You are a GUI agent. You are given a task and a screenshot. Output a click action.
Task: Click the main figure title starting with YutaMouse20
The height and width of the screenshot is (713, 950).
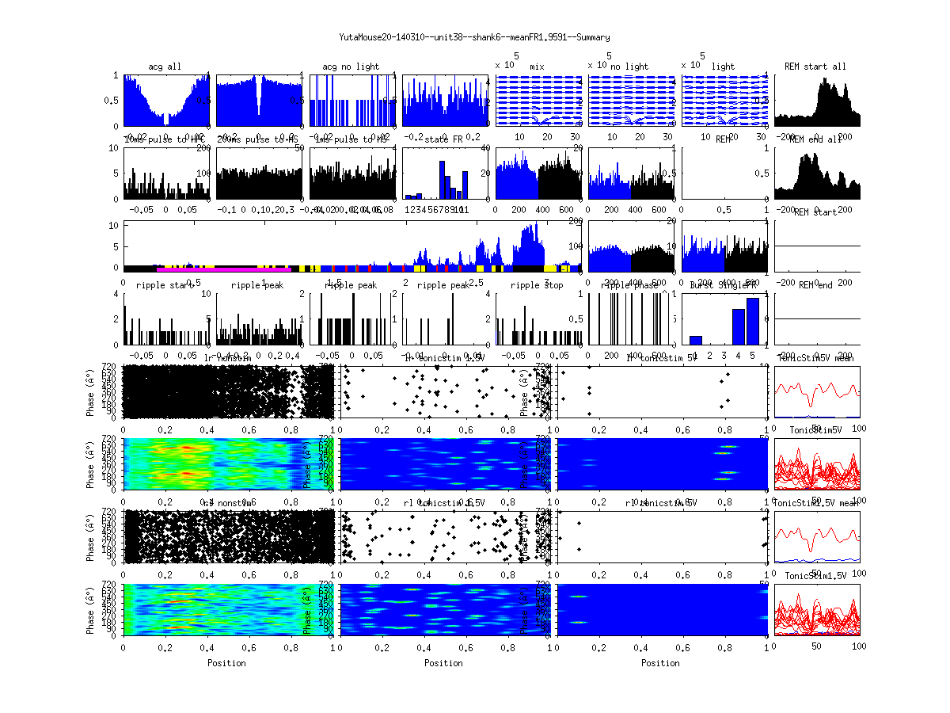click(474, 37)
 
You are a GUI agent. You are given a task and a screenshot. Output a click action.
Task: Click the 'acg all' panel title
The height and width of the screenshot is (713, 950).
click(165, 67)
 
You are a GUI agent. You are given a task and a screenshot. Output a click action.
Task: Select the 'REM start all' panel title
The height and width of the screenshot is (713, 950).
click(815, 67)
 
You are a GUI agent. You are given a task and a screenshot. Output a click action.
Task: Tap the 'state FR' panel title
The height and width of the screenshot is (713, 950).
click(446, 139)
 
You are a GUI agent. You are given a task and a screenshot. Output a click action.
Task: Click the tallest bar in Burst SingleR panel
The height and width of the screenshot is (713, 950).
click(752, 321)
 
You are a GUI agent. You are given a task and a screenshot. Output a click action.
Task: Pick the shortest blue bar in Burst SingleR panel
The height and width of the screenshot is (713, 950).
click(696, 340)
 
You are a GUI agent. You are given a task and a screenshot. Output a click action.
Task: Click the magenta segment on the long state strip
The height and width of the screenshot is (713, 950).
click(214, 269)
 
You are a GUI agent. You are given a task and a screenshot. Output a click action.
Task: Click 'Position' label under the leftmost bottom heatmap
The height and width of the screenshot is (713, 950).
click(226, 662)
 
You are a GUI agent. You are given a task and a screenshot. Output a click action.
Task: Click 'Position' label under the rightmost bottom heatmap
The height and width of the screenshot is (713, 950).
click(661, 662)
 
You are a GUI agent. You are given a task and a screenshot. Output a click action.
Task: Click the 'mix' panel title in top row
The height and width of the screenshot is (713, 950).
click(538, 67)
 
